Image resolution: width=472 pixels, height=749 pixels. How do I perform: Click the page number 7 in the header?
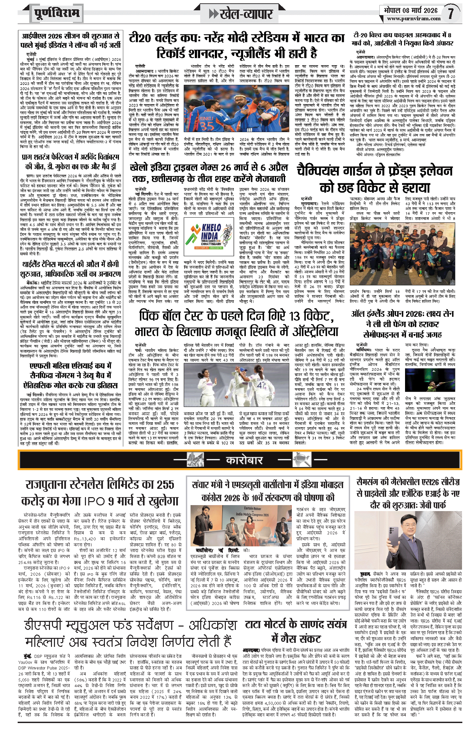450,13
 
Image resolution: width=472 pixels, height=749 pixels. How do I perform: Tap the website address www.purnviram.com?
414,19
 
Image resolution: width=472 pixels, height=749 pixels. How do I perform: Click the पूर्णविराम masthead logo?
57,13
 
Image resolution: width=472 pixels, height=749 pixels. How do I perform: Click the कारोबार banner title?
244,460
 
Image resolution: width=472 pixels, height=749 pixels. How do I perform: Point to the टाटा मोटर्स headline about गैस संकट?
296,632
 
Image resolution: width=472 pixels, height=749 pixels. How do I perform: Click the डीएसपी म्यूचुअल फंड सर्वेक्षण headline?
130,633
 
